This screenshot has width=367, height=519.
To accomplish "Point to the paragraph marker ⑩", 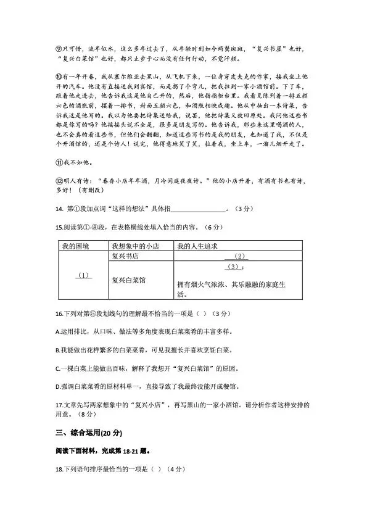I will point(58,77).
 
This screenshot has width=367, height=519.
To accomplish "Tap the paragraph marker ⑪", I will point(58,163).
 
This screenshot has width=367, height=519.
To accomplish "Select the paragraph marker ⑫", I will point(58,182).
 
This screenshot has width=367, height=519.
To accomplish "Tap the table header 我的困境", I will point(75,247).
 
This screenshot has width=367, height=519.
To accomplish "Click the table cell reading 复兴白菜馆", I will point(129,279).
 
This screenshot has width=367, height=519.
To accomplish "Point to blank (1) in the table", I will point(83,275).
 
